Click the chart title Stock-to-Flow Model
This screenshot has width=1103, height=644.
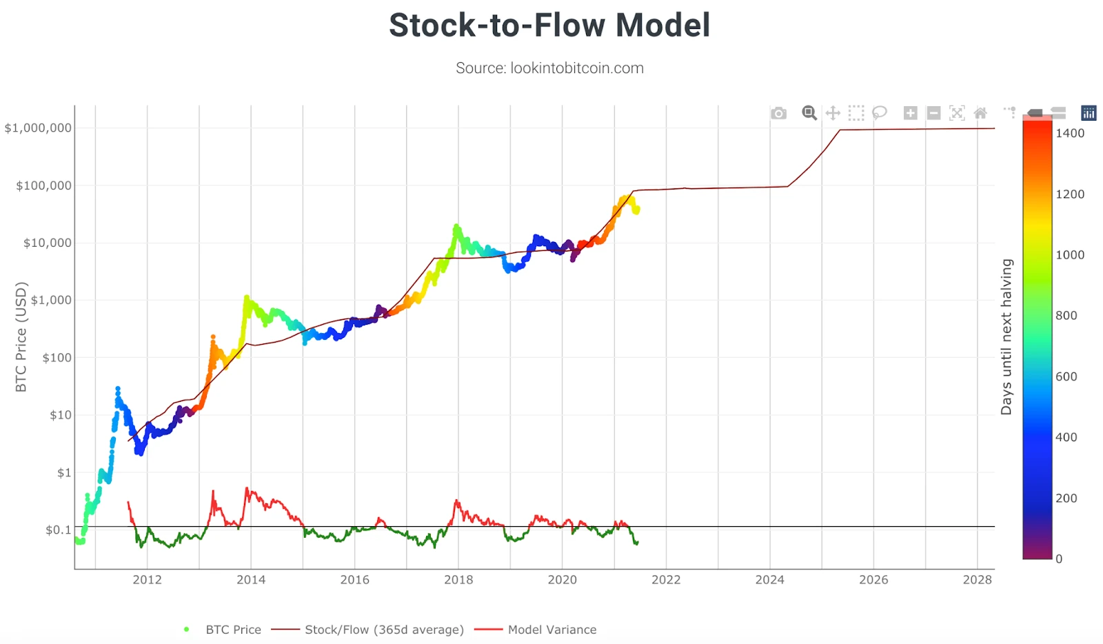[x=549, y=26]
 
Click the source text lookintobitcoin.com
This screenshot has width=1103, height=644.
[x=549, y=68]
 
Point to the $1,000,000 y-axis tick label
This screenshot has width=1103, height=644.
[x=38, y=128]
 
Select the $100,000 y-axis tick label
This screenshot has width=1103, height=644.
[x=43, y=185]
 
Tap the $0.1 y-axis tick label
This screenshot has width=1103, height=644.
[x=58, y=530]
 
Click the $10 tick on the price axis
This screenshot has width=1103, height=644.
[x=61, y=415]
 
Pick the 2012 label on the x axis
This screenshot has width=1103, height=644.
[x=147, y=580]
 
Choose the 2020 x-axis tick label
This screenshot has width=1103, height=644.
[x=562, y=580]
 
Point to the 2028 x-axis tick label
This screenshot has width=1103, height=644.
[x=977, y=580]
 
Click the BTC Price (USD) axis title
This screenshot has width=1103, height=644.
[x=21, y=337]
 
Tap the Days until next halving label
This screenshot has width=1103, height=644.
[x=1006, y=337]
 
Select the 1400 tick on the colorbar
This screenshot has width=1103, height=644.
[x=1070, y=134]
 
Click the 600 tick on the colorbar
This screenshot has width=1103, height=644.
[x=1066, y=376]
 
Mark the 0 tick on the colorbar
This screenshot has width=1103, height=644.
[x=1059, y=559]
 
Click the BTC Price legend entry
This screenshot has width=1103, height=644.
[x=233, y=630]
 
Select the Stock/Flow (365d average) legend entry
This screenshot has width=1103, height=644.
[x=384, y=630]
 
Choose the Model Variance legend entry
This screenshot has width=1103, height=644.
[x=551, y=630]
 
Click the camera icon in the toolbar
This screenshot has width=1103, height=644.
[x=778, y=113]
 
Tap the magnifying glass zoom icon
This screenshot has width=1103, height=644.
[x=809, y=113]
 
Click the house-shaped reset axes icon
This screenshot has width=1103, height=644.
[x=980, y=113]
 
